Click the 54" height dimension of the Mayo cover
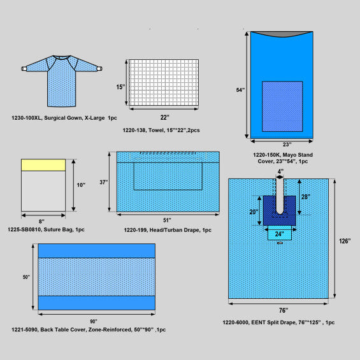(x=240, y=90)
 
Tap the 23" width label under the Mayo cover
(x=287, y=145)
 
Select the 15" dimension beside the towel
(x=120, y=87)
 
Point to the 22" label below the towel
(x=164, y=117)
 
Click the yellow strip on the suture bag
(x=43, y=165)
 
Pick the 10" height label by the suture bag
(x=81, y=185)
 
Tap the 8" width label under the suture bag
(x=41, y=221)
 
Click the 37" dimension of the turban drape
(x=104, y=182)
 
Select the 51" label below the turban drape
(x=167, y=220)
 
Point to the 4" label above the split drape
(x=280, y=171)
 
